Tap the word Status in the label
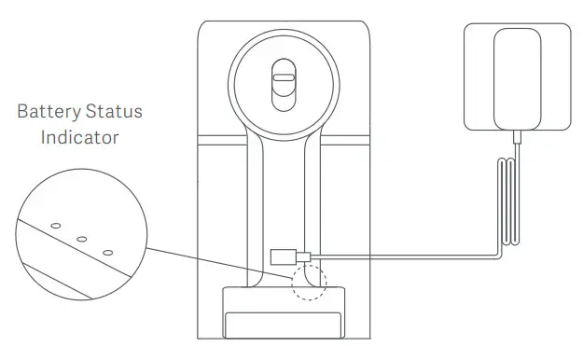pos(112,112)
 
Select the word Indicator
pos(79,137)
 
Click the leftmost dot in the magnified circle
pos(56,226)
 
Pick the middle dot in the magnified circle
pos(82,239)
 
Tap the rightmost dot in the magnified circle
pos(107,252)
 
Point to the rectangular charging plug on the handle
pos(282,256)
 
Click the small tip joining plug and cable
pos(302,256)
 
